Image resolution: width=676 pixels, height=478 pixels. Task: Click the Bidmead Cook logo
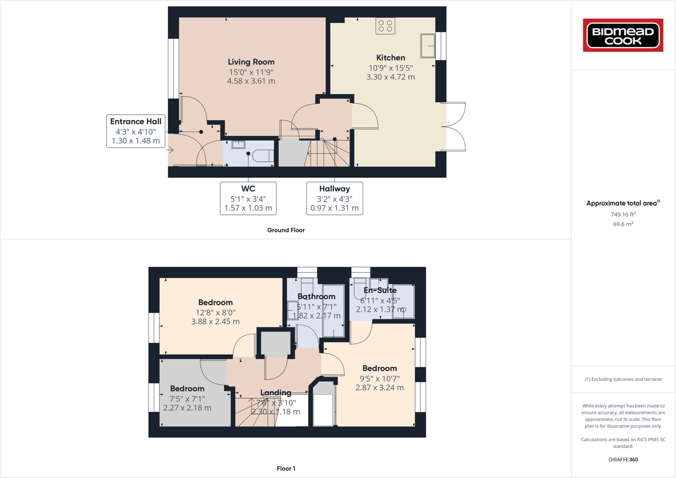pyautogui.click(x=623, y=35)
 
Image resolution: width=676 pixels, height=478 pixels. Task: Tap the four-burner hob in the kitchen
pyautogui.click(x=385, y=26)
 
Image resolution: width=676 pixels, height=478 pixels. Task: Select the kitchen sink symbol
pyautogui.click(x=428, y=46)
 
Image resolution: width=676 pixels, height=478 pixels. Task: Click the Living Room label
pyautogui.click(x=251, y=62)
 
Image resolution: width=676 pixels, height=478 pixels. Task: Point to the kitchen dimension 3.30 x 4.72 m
pyautogui.click(x=390, y=77)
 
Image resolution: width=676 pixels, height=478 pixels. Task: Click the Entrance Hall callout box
pyautogui.click(x=136, y=131)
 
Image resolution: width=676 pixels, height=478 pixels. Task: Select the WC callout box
pyautogui.click(x=248, y=198)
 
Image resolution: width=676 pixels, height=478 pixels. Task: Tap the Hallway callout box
pyautogui.click(x=334, y=198)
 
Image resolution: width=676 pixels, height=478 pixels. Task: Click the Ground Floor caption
pyautogui.click(x=286, y=230)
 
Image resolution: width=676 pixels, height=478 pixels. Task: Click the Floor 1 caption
pyautogui.click(x=286, y=468)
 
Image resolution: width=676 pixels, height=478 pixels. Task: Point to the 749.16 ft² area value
pyautogui.click(x=623, y=214)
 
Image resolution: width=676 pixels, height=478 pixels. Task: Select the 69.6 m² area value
pyautogui.click(x=623, y=224)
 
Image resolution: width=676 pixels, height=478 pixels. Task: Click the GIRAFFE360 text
pyautogui.click(x=623, y=459)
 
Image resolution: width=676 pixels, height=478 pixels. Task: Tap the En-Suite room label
pyautogui.click(x=380, y=290)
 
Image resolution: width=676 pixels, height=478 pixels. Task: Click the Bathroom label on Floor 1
pyautogui.click(x=316, y=297)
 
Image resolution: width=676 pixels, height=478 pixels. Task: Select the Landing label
pyautogui.click(x=276, y=392)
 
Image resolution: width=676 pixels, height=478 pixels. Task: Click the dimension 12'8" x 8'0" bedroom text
pyautogui.click(x=215, y=312)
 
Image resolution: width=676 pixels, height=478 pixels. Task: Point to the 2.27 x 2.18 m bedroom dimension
pyautogui.click(x=187, y=408)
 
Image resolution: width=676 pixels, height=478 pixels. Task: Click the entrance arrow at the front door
pyautogui.click(x=171, y=150)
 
